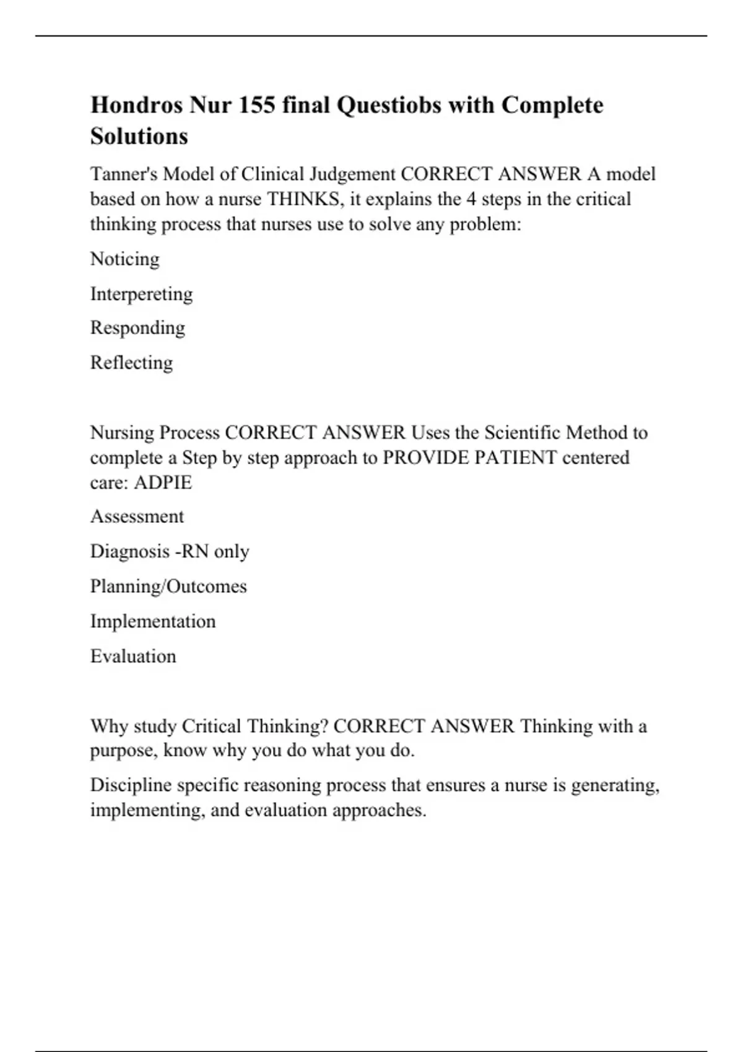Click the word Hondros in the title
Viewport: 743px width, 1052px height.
coord(137,105)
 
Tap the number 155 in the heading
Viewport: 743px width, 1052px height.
coord(257,105)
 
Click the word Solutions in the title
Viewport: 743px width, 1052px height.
coord(139,136)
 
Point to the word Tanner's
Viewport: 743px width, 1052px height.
coord(124,175)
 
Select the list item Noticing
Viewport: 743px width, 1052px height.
coord(125,259)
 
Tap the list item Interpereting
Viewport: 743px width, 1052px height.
coord(142,293)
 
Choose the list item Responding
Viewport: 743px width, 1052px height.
coord(138,328)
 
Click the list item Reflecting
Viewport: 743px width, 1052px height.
coord(132,363)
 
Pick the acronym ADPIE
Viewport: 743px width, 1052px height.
coord(163,483)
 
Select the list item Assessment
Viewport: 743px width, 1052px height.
coord(137,517)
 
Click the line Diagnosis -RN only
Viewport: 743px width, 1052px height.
coord(170,551)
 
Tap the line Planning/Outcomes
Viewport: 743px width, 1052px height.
coord(168,586)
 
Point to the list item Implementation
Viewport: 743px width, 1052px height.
coord(153,621)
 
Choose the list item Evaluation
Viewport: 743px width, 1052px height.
coord(133,656)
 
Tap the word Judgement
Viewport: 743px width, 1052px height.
coord(352,175)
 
